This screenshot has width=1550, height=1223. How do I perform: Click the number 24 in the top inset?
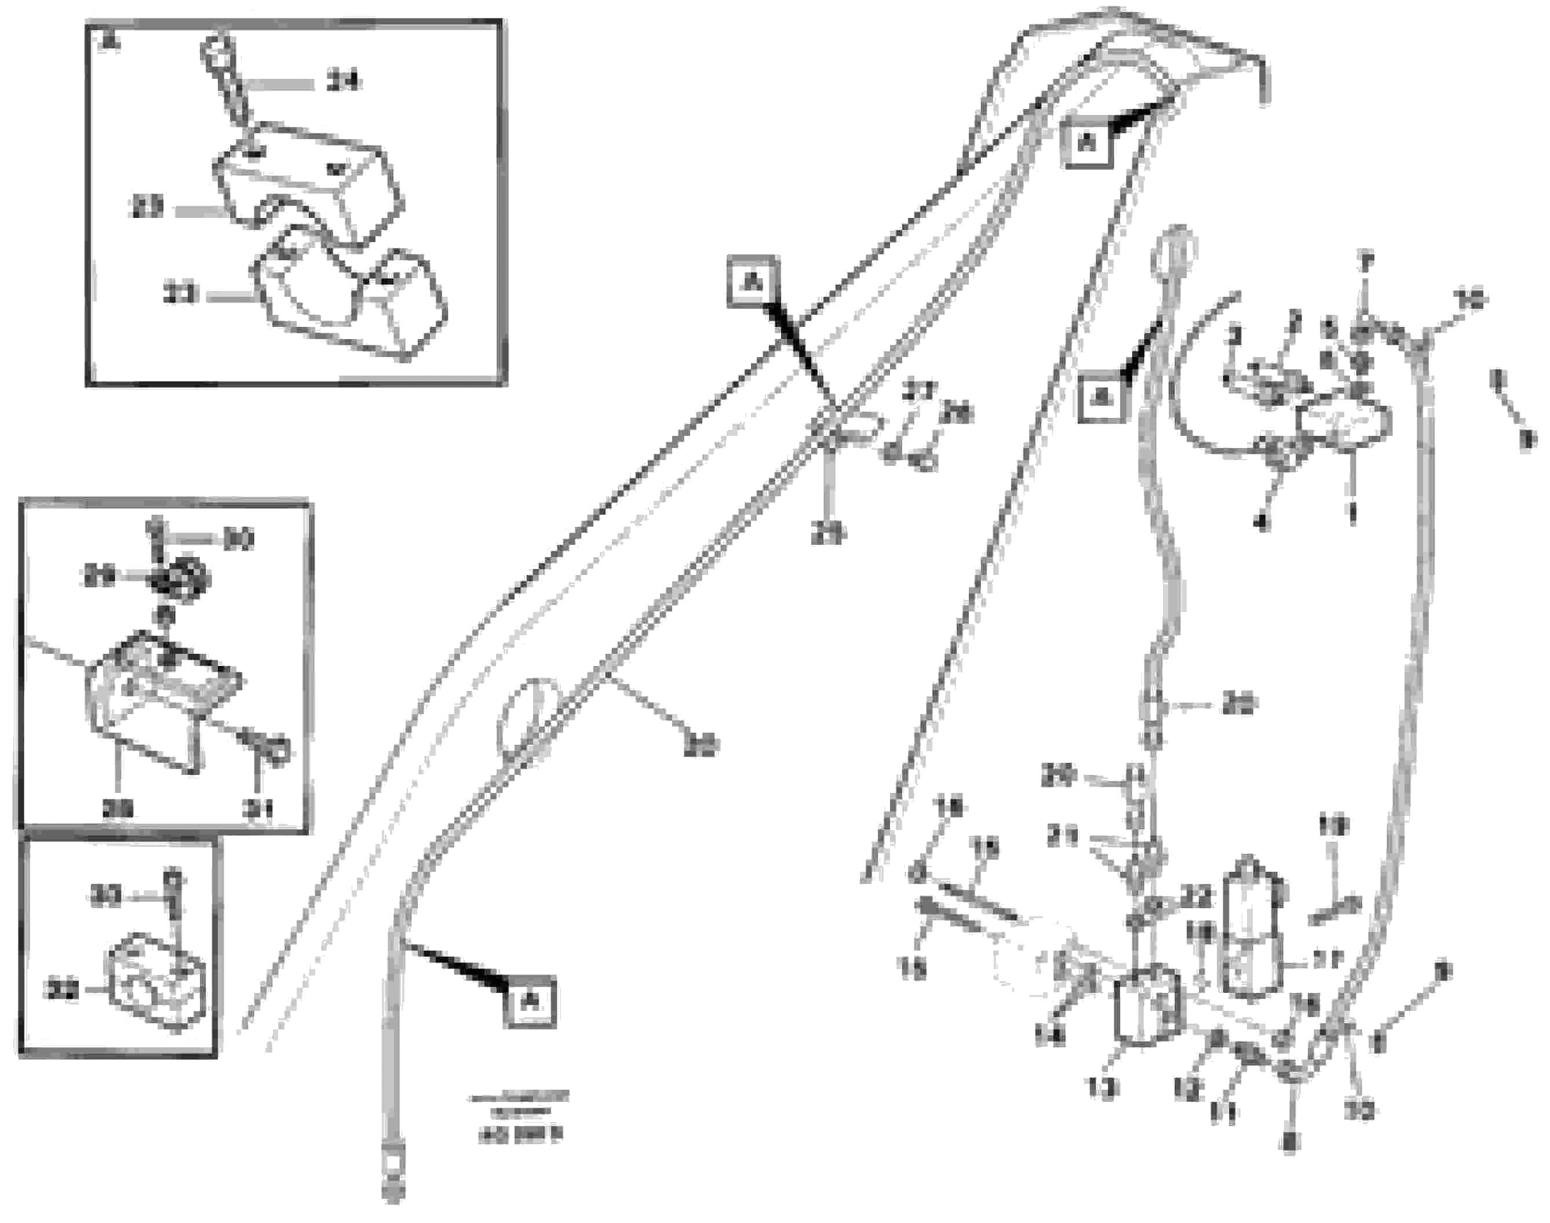pos(343,83)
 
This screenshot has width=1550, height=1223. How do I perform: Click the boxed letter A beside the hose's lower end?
pos(530,1001)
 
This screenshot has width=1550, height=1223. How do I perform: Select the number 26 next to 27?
pos(957,413)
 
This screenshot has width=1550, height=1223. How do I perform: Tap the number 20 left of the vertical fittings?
pos(1058,776)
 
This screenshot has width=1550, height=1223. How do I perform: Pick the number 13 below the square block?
pos(1101,1090)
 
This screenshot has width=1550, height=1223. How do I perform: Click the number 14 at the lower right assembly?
pos(1051,1035)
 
